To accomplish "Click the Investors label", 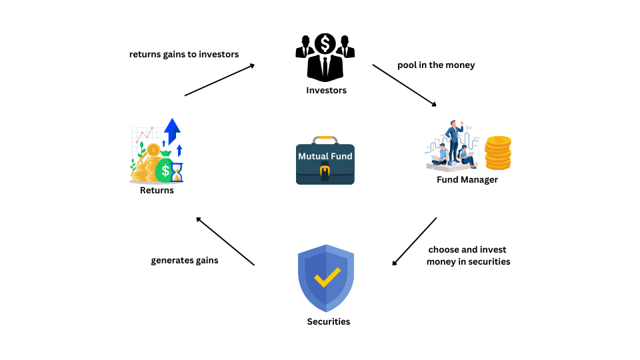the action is tap(326, 90).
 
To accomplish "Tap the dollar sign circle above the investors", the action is tap(325, 43).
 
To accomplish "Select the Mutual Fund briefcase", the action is tap(325, 161).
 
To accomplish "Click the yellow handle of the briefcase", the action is tap(325, 139).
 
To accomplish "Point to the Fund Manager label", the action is tap(467, 179).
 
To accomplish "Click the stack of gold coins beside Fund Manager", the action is tap(498, 153).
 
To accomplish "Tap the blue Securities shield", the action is tap(326, 279).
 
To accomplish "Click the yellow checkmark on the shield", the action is tap(327, 277).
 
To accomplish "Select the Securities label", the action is tap(329, 321).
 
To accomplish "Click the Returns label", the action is tap(157, 190).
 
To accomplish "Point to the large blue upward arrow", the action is tap(172, 131).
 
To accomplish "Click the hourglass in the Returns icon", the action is tap(177, 172).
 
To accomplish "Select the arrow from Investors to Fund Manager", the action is tap(405, 85).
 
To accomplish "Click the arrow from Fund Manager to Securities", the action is tap(414, 241).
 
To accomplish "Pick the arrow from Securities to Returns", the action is tap(225, 241).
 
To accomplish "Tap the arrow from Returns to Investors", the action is tap(219, 80).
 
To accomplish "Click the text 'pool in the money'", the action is tap(436, 65).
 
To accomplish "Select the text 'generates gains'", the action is tap(185, 261).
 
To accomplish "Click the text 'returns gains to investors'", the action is tap(184, 54).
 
